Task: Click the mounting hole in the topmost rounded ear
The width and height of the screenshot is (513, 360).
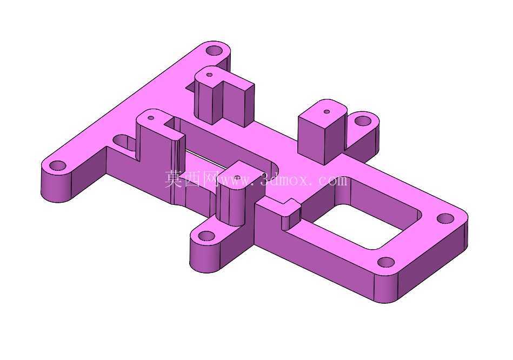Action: coord(214,51)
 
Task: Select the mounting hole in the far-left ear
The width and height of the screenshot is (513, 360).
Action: coord(58,165)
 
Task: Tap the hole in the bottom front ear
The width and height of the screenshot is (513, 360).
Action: coord(206,236)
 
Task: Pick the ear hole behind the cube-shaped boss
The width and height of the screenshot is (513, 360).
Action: coord(363,122)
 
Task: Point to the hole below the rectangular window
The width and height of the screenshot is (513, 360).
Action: coord(386,263)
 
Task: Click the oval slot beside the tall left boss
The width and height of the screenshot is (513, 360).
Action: coord(124,142)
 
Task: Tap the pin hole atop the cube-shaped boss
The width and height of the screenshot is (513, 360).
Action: coord(327,111)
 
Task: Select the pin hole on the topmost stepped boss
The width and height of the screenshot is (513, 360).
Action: coord(210,75)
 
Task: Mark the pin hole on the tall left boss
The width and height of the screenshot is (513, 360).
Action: coord(151,117)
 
